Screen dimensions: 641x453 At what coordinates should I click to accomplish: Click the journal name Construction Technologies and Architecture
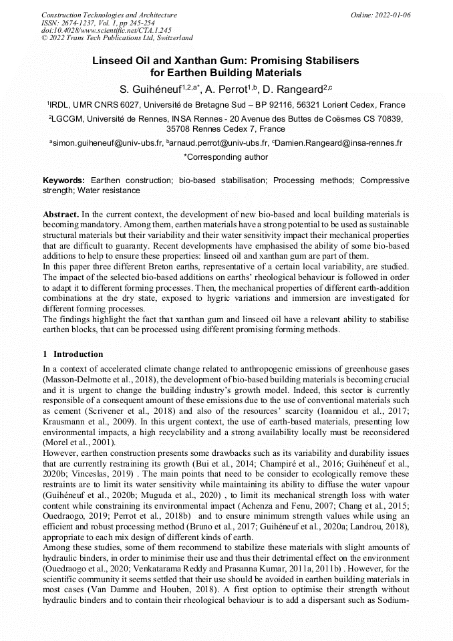109,15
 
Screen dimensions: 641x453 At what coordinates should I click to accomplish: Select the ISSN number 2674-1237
81,23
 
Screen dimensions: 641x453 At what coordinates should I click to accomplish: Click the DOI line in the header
106,30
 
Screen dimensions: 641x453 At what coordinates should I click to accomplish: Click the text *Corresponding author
226,158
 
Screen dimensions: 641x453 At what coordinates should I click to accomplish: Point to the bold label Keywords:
64,180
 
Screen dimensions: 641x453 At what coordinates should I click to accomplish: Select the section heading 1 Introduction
73,354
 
